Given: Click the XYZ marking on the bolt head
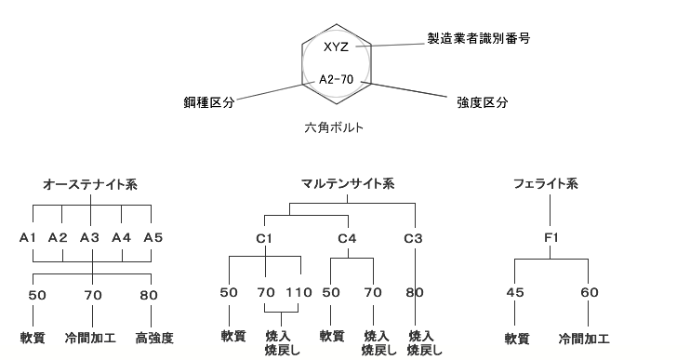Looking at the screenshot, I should pyautogui.click(x=336, y=47).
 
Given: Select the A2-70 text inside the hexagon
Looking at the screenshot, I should pyautogui.click(x=336, y=80).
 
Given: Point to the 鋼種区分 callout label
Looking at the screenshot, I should pyautogui.click(x=208, y=102).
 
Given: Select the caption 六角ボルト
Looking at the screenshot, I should pyautogui.click(x=334, y=127).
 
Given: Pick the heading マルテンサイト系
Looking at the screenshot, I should pyautogui.click(x=347, y=185).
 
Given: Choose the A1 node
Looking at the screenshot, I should pyautogui.click(x=29, y=238).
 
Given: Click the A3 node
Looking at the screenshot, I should pyautogui.click(x=90, y=238).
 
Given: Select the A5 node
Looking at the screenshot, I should pyautogui.click(x=153, y=238).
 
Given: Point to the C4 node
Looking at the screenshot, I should pyautogui.click(x=347, y=238).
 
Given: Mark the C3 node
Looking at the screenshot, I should pyautogui.click(x=414, y=238).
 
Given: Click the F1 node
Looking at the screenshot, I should pyautogui.click(x=551, y=238).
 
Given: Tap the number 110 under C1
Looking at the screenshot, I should pyautogui.click(x=299, y=293).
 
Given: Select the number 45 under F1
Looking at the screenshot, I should pyautogui.click(x=515, y=293).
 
